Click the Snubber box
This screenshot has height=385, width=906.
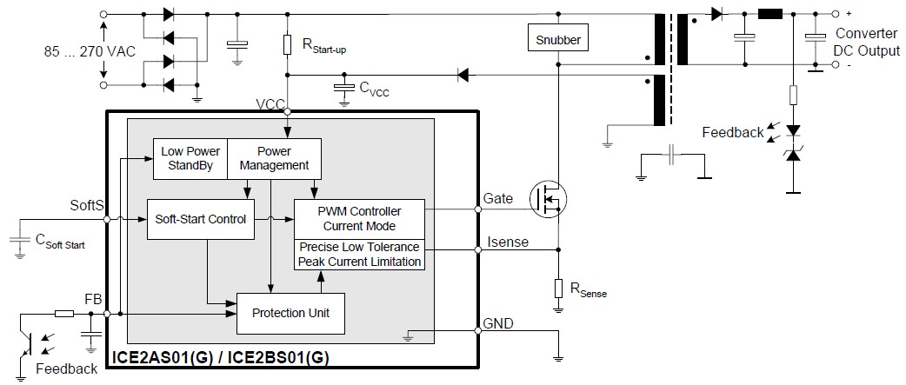(557, 39)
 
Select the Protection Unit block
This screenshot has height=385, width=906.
(291, 313)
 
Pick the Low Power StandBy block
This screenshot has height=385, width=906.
(190, 158)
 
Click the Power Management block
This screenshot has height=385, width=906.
(274, 158)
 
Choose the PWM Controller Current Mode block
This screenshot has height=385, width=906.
(360, 219)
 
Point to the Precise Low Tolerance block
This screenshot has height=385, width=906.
(360, 255)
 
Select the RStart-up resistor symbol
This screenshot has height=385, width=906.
(288, 44)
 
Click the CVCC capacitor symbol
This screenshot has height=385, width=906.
(345, 90)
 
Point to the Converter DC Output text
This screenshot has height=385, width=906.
(867, 42)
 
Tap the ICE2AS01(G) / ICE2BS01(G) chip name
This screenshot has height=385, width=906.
(221, 357)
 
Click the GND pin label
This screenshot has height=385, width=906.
(497, 323)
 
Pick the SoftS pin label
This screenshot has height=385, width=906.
(87, 205)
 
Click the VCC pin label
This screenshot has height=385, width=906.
(270, 104)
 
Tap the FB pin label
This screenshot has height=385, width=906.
(93, 299)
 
